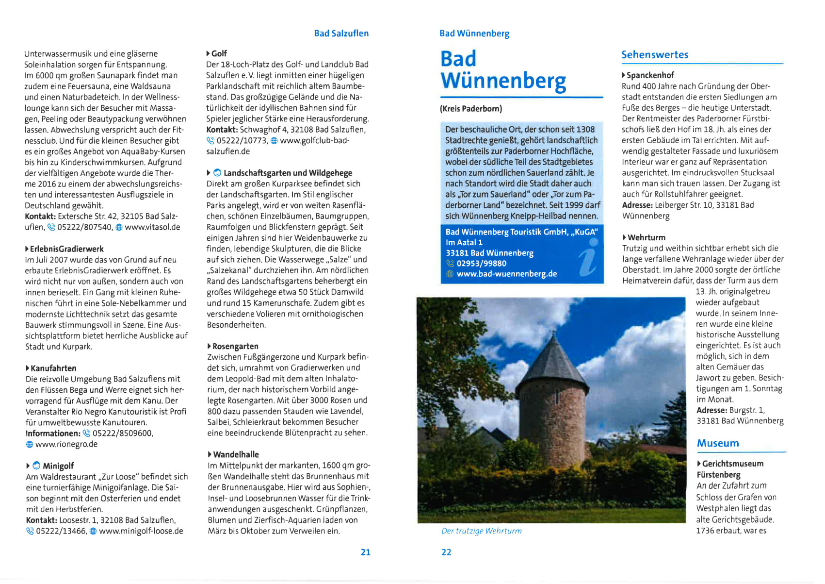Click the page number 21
[365, 552]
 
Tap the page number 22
[446, 552]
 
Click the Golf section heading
[219, 53]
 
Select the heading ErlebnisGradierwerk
[66, 249]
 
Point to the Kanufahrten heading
[53, 368]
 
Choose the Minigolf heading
[58, 466]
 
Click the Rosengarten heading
[235, 346]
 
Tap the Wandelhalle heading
[236, 454]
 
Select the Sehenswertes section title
[655, 55]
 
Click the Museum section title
[718, 443]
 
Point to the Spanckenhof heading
[650, 75]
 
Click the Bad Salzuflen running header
[341, 33]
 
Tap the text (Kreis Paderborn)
[471, 109]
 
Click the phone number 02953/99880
[481, 264]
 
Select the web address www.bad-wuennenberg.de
[506, 274]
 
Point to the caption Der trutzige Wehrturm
[481, 531]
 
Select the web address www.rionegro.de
[66, 444]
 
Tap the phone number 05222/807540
[85, 227]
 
